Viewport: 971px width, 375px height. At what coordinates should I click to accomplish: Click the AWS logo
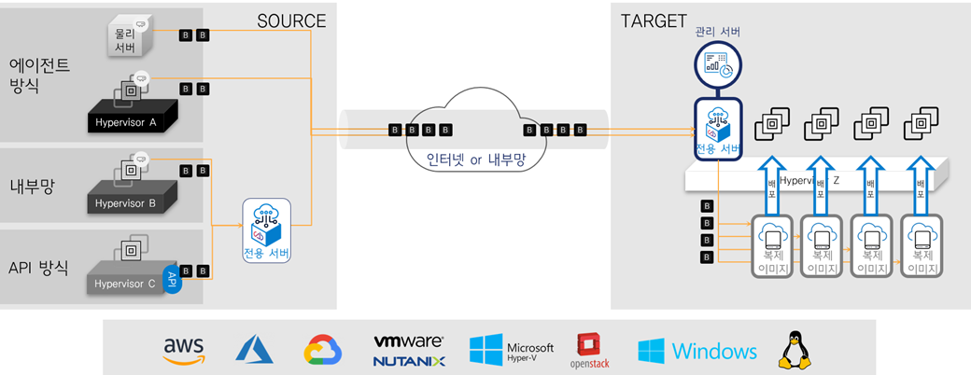(183, 350)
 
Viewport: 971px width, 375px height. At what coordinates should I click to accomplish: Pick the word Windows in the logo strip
(714, 351)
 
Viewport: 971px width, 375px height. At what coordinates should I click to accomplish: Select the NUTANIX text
(408, 360)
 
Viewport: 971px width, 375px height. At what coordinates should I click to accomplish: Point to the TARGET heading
(654, 21)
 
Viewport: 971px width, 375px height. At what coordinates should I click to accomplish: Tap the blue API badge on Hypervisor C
(170, 276)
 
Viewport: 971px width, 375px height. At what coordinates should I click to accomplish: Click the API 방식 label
(38, 267)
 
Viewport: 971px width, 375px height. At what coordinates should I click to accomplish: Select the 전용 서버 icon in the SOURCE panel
(266, 229)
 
